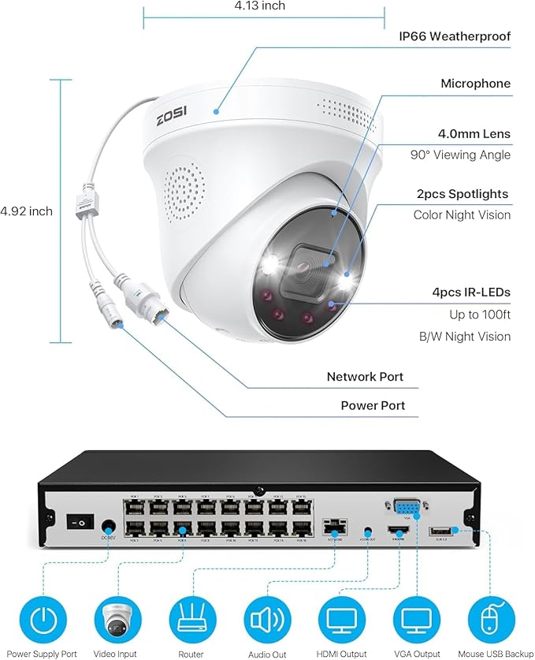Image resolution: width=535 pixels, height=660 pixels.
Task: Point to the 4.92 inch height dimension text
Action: point(27,211)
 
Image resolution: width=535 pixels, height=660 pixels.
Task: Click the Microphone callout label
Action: point(475,84)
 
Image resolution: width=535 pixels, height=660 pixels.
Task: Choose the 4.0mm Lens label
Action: point(474,134)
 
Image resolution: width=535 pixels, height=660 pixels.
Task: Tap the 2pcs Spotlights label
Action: point(462,194)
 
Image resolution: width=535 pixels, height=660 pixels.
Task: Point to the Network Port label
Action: point(365,377)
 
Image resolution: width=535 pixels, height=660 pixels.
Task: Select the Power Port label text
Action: point(373,405)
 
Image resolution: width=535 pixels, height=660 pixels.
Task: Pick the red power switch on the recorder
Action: point(79,521)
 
